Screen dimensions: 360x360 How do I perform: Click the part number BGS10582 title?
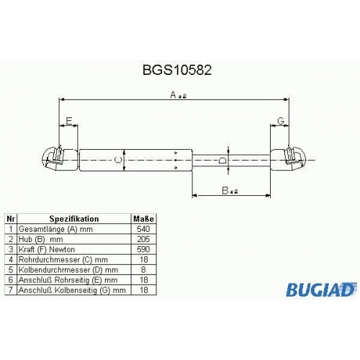coord(177,70)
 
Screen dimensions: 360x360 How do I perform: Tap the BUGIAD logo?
coord(321,289)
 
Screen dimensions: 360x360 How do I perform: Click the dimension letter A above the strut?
coord(174,95)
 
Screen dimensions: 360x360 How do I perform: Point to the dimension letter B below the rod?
coord(225,191)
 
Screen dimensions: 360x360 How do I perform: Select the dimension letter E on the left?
coord(69,121)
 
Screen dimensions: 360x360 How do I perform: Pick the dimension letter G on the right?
coord(281,121)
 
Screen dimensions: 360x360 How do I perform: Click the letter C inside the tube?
coord(118,160)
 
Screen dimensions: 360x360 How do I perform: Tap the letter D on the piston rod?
coord(222,161)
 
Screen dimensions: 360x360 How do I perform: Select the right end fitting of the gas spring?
coord(289,159)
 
